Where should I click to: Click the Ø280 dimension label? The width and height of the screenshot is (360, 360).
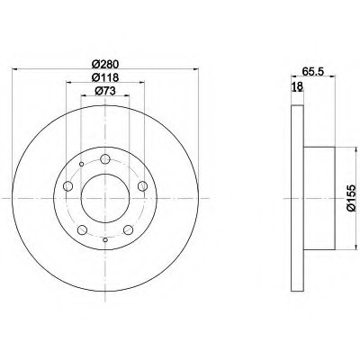pos(105,64)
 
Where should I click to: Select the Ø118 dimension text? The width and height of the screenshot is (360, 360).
pos(105,77)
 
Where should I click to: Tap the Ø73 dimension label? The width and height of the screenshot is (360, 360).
pos(105,91)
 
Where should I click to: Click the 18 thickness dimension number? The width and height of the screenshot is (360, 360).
pos(298,86)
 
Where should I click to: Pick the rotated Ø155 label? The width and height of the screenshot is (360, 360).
pos(351,198)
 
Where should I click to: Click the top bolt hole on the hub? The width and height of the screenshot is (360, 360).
pos(105,159)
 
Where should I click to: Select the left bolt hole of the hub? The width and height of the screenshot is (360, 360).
pos(68,186)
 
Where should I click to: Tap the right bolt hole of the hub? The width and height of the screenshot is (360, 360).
pos(142,186)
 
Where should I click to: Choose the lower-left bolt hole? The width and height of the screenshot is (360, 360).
pos(82,230)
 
